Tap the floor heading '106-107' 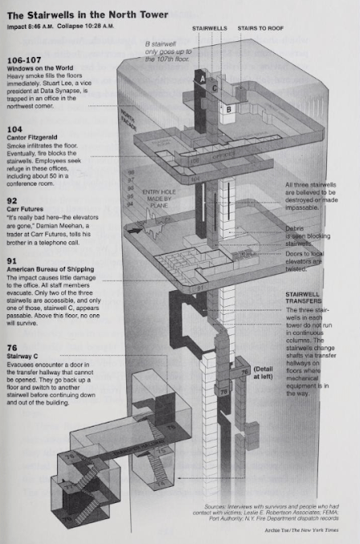coord(25,60)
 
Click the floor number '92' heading coord(12,200)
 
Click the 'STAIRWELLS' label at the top coord(210,27)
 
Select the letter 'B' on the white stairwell coord(228,107)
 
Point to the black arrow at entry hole coord(141,230)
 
